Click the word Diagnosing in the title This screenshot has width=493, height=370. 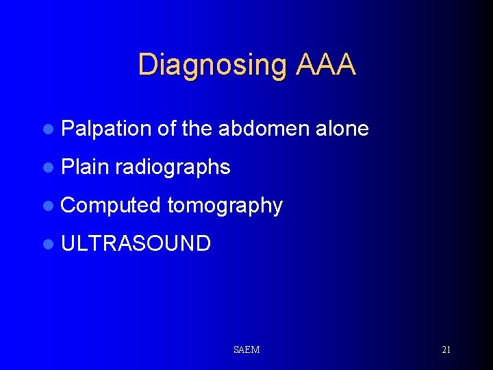coord(213,64)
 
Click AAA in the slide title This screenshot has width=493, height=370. coord(326,64)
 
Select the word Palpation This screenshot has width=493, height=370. coord(105,128)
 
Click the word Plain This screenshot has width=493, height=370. coord(85,166)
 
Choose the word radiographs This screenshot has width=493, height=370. coord(173,167)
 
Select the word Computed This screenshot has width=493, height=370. coord(111,206)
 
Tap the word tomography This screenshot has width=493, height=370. coord(225,206)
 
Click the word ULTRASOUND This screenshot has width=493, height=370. coord(136,243)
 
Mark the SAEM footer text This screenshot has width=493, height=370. coord(246,350)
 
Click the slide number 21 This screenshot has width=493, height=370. coord(446,350)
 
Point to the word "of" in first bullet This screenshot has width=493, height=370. coord(166,128)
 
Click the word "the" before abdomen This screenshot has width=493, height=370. coord(197,128)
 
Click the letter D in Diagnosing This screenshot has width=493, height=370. coord(147,64)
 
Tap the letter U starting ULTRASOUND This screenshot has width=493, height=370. coord(68,243)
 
